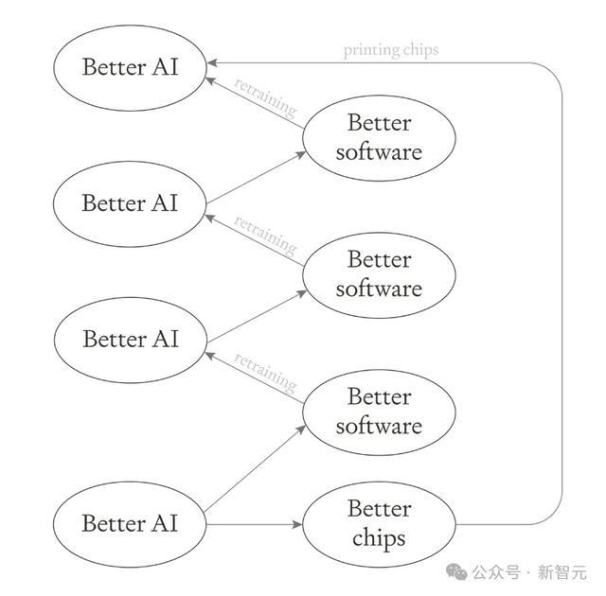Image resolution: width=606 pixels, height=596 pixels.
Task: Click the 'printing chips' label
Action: click(x=391, y=50)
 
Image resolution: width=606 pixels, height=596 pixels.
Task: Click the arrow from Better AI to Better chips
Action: click(x=254, y=524)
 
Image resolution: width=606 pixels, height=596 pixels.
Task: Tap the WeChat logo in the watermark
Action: click(x=456, y=571)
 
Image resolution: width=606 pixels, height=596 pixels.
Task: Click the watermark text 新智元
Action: click(x=562, y=572)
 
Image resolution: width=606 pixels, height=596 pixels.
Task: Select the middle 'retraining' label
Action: click(x=265, y=235)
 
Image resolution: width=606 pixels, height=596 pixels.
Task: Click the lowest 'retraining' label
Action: click(x=265, y=372)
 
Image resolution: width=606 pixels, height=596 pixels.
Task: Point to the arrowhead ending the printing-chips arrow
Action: click(x=212, y=63)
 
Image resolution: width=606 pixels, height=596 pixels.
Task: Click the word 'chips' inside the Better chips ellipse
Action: click(x=379, y=538)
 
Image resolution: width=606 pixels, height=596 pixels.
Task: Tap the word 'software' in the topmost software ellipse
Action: click(x=379, y=151)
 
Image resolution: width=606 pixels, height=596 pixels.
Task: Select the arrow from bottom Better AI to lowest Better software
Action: click(x=255, y=468)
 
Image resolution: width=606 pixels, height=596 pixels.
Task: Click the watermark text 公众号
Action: click(x=496, y=572)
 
